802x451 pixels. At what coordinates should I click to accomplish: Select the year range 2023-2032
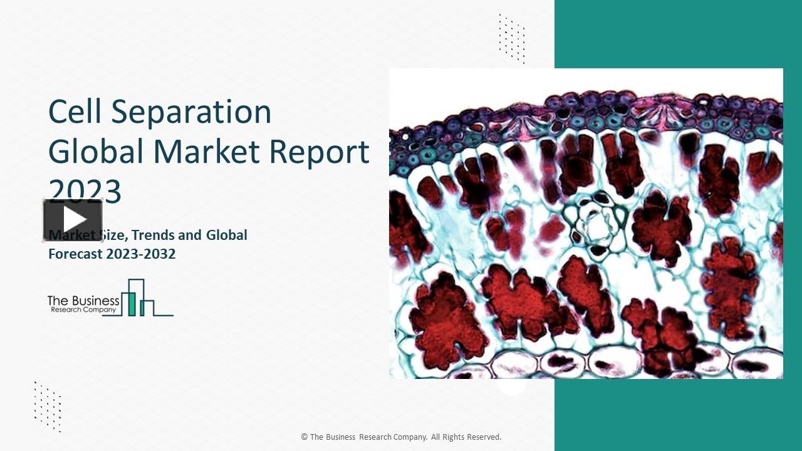click(x=140, y=254)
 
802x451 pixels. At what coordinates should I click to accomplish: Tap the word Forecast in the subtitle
click(x=75, y=254)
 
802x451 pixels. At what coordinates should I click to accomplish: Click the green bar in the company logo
click(x=132, y=303)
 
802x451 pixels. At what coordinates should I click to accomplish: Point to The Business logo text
click(x=83, y=301)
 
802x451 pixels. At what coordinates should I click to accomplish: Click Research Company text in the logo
click(x=83, y=309)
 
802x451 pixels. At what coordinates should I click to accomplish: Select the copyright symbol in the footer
click(x=305, y=437)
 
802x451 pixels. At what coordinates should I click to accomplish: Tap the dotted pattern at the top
click(x=511, y=38)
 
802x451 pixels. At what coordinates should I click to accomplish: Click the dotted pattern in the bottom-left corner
click(x=48, y=406)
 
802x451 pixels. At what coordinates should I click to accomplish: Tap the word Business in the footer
click(x=340, y=437)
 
